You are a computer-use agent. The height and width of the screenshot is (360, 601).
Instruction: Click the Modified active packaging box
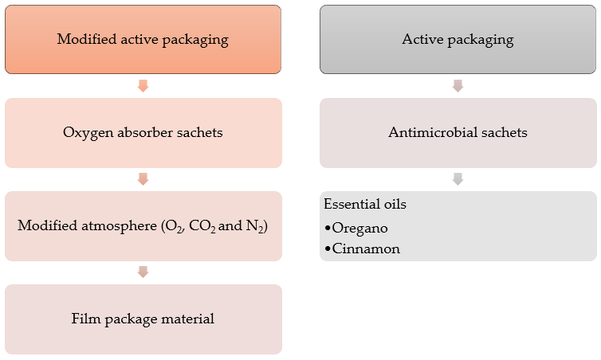click(x=143, y=39)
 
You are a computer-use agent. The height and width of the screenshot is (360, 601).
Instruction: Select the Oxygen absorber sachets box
click(x=143, y=132)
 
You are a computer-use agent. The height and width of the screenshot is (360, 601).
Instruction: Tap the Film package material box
click(x=143, y=319)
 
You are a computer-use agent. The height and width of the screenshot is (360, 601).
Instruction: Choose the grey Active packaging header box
click(x=458, y=39)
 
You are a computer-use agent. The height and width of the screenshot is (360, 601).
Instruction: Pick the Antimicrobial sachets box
click(x=458, y=132)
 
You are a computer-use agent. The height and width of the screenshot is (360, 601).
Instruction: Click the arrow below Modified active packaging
click(x=143, y=85)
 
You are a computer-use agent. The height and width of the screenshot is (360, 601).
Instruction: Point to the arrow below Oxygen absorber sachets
click(x=143, y=178)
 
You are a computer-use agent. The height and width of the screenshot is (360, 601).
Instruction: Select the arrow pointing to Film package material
click(x=143, y=272)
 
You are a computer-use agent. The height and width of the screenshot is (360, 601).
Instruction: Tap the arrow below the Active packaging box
click(x=458, y=85)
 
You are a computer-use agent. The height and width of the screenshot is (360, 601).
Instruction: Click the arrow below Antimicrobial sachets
click(x=458, y=178)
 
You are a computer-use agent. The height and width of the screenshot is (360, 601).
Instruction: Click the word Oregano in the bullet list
click(x=360, y=228)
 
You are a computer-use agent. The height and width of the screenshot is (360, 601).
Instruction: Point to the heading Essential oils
click(x=364, y=205)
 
